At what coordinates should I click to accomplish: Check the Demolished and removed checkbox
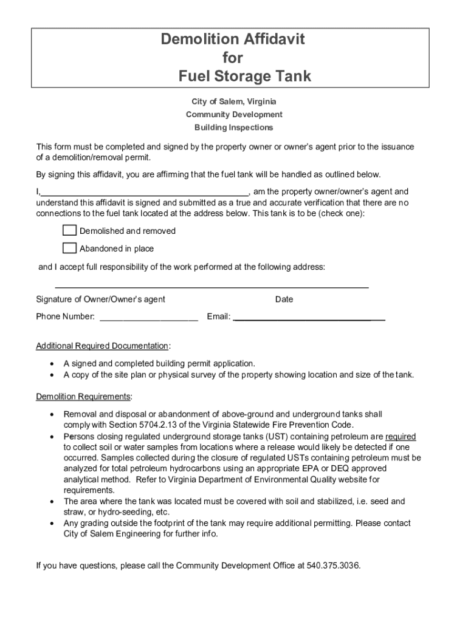(70, 230)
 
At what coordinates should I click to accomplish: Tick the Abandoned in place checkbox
(70, 248)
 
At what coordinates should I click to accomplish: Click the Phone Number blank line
(148, 317)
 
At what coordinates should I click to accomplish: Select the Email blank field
(309, 317)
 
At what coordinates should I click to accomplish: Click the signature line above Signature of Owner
(212, 285)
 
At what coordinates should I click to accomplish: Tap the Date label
(284, 299)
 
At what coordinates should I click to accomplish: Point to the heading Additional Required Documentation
(102, 346)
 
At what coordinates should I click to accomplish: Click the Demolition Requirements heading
(83, 397)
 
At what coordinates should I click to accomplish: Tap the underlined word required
(401, 436)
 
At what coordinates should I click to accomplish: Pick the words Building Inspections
(234, 128)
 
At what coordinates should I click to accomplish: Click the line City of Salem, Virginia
(234, 101)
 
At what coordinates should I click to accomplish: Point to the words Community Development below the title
(234, 115)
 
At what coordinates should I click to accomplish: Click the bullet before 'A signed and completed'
(52, 364)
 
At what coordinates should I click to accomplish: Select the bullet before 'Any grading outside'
(52, 524)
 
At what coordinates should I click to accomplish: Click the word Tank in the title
(291, 77)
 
